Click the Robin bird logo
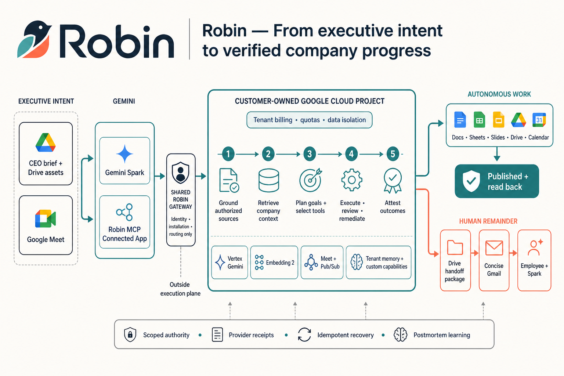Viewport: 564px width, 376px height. pyautogui.click(x=35, y=39)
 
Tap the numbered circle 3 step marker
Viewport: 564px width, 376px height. pyautogui.click(x=310, y=154)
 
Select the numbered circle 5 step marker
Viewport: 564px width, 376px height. pyautogui.click(x=393, y=154)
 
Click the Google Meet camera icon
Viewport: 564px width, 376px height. pyautogui.click(x=46, y=218)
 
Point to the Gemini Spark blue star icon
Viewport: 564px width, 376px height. pyautogui.click(x=124, y=154)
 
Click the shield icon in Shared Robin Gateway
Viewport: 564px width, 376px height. pyautogui.click(x=181, y=173)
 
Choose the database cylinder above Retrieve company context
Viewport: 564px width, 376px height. pyautogui.click(x=269, y=181)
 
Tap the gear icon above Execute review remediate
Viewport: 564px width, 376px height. pyautogui.click(x=352, y=180)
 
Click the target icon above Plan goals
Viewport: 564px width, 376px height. pyautogui.click(x=311, y=180)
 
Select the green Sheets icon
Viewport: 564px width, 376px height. pyautogui.click(x=480, y=120)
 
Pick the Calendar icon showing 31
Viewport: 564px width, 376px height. pyautogui.click(x=539, y=120)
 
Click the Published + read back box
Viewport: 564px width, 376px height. pyautogui.click(x=497, y=181)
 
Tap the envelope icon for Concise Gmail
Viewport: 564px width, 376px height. pyautogui.click(x=494, y=248)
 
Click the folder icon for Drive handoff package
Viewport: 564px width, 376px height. pyautogui.click(x=455, y=247)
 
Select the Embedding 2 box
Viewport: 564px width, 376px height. pyautogui.click(x=274, y=263)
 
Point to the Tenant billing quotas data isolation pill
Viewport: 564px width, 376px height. pyautogui.click(x=310, y=120)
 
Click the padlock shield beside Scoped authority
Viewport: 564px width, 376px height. pyautogui.click(x=130, y=335)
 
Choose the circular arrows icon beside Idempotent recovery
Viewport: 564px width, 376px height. pyautogui.click(x=304, y=335)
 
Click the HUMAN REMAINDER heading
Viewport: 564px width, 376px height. pyautogui.click(x=488, y=221)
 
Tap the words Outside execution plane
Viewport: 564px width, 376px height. pyautogui.click(x=181, y=289)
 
